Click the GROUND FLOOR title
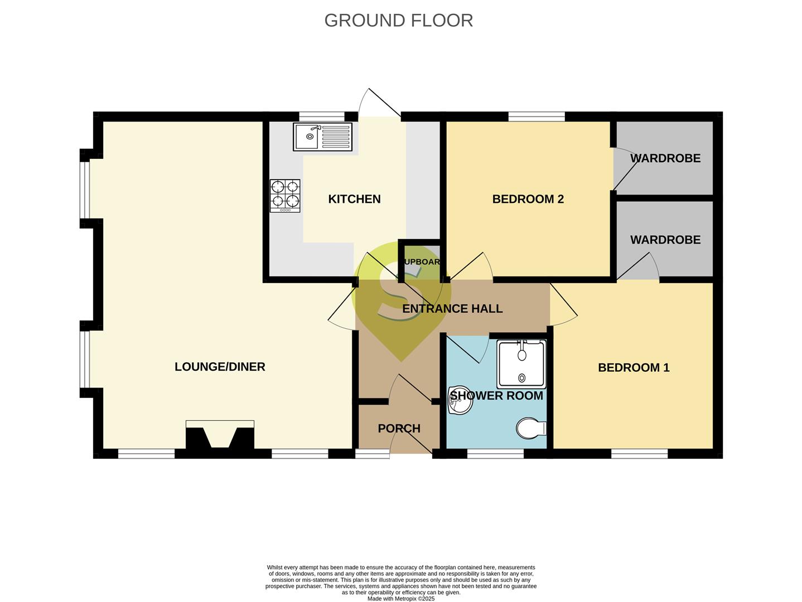pos(398,20)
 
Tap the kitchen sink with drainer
pos(323,137)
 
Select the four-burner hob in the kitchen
pos(285,196)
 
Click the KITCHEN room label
pos(354,199)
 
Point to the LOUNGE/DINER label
pos(220,367)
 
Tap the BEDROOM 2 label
pos(528,199)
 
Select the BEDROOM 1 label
pos(634,367)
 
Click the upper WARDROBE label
pos(665,158)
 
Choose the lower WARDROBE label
pos(665,240)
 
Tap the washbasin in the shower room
pos(460,400)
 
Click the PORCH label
pos(399,429)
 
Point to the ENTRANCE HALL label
pos(452,309)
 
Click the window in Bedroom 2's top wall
pos(537,116)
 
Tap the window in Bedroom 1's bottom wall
pos(639,454)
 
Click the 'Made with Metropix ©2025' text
pos(400,599)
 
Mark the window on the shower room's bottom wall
pos(495,454)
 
